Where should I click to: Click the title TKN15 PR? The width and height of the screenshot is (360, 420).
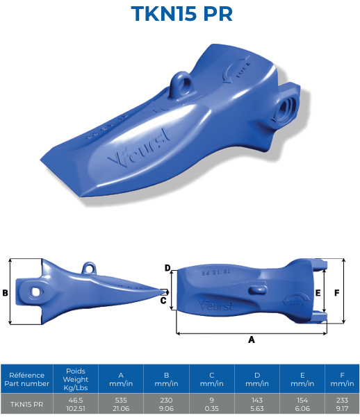[181, 15]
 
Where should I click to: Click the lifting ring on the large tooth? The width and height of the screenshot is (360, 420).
[180, 87]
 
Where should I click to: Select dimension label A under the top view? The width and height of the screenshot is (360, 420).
[252, 340]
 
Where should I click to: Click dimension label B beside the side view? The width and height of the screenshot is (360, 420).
[5, 293]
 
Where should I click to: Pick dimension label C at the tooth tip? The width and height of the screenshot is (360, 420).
[163, 301]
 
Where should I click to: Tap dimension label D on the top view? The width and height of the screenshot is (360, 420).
[167, 267]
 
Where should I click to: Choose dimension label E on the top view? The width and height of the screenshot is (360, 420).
[318, 293]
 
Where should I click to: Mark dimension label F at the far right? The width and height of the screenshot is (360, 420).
[336, 293]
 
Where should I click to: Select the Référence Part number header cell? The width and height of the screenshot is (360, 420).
[26, 379]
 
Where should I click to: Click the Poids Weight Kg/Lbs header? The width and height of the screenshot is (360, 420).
[75, 379]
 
